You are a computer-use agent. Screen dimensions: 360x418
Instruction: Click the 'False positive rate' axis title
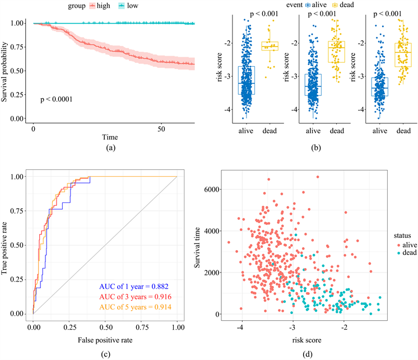[x=105, y=338]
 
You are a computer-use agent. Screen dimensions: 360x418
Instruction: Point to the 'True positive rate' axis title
[x=7, y=246]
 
